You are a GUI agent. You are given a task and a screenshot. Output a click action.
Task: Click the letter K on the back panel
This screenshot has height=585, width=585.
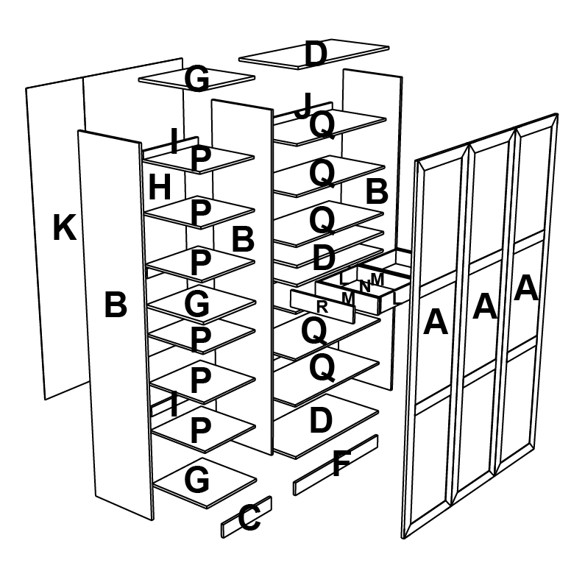(x=64, y=229)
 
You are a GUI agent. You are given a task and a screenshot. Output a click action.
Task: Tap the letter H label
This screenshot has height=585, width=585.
(x=159, y=188)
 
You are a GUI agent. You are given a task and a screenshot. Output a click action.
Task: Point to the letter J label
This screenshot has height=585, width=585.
(x=303, y=106)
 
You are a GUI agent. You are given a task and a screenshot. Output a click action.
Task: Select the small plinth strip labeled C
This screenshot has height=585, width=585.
(x=248, y=519)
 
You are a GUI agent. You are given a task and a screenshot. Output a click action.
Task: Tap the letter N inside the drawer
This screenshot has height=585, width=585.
(x=364, y=286)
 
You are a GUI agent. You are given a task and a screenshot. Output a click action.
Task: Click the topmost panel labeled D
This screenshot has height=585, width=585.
(x=315, y=54)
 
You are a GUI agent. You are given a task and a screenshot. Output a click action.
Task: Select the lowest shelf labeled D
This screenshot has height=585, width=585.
(x=321, y=422)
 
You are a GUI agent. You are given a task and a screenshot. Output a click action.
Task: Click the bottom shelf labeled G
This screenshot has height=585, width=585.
(x=196, y=481)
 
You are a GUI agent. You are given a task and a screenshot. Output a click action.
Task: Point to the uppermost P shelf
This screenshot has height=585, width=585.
(x=199, y=159)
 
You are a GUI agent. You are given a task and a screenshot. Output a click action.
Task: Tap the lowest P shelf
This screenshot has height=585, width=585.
(x=200, y=430)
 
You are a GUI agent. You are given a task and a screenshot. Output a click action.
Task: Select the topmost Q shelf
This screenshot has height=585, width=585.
(x=322, y=126)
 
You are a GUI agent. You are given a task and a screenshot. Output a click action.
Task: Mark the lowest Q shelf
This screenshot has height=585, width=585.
(x=322, y=367)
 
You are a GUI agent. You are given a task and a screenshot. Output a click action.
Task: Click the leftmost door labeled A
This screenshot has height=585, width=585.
(x=436, y=322)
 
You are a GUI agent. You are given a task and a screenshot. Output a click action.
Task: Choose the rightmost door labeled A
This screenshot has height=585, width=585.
(x=526, y=288)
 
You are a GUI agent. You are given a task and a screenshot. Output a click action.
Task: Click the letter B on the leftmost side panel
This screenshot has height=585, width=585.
(x=116, y=305)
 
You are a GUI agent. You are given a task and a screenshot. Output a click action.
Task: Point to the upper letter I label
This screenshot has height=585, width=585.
(x=174, y=141)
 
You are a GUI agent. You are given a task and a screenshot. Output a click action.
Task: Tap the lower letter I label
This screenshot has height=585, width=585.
(x=174, y=405)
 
